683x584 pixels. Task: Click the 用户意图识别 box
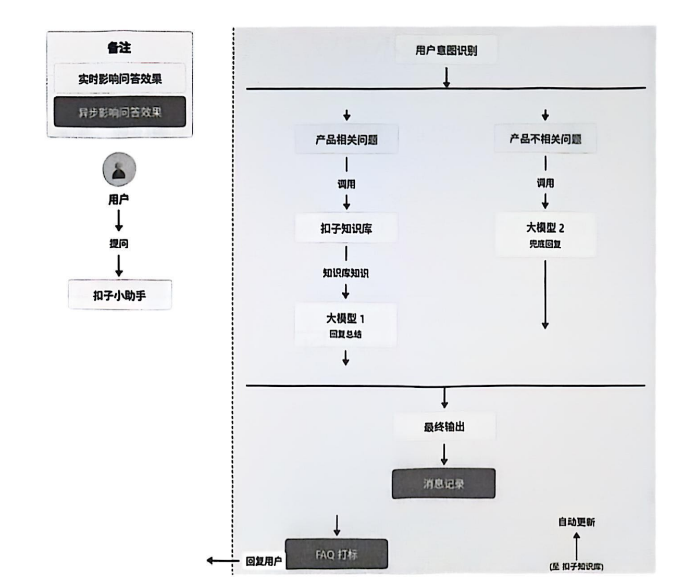click(x=446, y=50)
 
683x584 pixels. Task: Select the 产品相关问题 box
click(x=346, y=139)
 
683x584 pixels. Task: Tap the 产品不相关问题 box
click(x=545, y=139)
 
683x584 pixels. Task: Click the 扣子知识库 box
click(x=346, y=228)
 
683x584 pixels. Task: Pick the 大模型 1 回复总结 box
click(x=345, y=325)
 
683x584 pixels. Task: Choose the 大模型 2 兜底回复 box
click(x=545, y=234)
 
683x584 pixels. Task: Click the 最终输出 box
click(x=444, y=427)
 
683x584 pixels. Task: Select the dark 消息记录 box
click(x=443, y=484)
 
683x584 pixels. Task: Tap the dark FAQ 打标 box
click(x=337, y=554)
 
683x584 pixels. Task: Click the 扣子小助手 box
click(x=119, y=296)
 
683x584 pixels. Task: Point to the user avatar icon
click(x=119, y=170)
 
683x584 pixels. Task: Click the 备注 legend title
click(x=119, y=48)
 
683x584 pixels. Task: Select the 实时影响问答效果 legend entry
click(x=120, y=79)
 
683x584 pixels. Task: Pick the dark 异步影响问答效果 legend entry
click(x=120, y=112)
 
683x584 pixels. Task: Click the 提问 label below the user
click(x=119, y=244)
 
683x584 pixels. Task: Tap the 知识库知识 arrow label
click(x=345, y=273)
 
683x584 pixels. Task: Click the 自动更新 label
click(x=576, y=522)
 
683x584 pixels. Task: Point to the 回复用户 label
click(x=264, y=561)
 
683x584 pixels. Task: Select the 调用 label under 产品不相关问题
click(x=545, y=183)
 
